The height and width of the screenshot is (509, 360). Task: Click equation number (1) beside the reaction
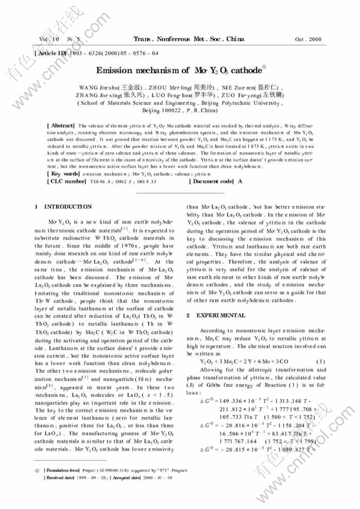click(x=319, y=361)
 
